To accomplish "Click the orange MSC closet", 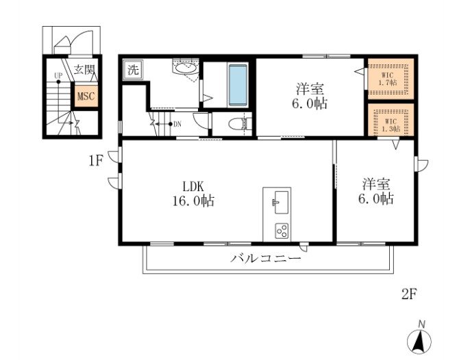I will (86, 97).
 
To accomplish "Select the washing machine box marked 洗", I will (132, 70).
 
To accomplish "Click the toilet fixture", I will (236, 125).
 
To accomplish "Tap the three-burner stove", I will (281, 231).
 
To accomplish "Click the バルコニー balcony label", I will (266, 259).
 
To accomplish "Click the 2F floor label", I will (409, 294).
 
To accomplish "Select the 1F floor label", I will (95, 162).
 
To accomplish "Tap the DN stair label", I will (177, 124).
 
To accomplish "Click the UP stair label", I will (58, 77).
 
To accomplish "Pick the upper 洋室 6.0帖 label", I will (310, 97).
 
